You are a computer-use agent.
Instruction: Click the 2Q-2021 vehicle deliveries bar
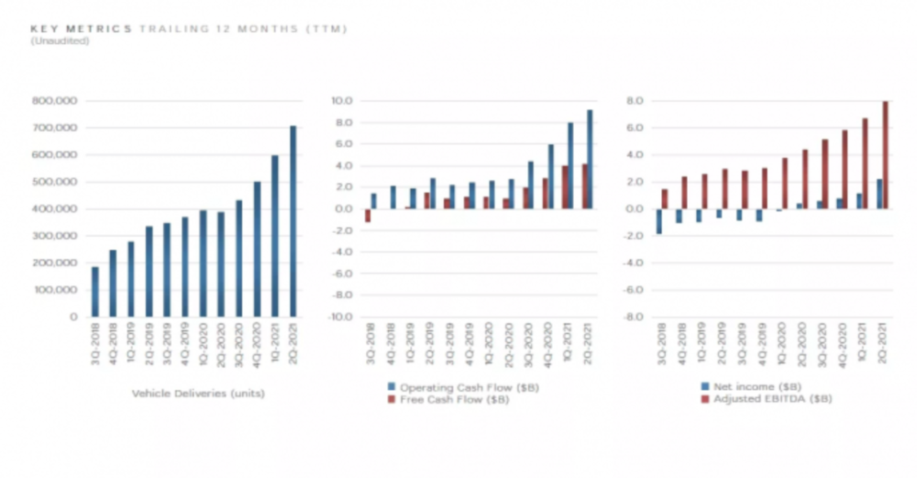pyautogui.click(x=293, y=221)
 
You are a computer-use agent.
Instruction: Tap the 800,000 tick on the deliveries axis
pyautogui.click(x=58, y=101)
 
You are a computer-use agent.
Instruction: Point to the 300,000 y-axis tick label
pyautogui.click(x=58, y=236)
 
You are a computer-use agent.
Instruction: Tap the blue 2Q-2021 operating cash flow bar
pyautogui.click(x=589, y=160)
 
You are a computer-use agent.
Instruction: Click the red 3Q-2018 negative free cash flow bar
pyautogui.click(x=368, y=216)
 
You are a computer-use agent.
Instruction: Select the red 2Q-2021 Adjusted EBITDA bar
pyautogui.click(x=885, y=155)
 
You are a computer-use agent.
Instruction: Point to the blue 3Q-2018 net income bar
pyautogui.click(x=658, y=221)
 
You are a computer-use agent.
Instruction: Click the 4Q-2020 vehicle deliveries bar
pyautogui.click(x=258, y=249)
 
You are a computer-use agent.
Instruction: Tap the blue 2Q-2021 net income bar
pyautogui.click(x=878, y=194)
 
